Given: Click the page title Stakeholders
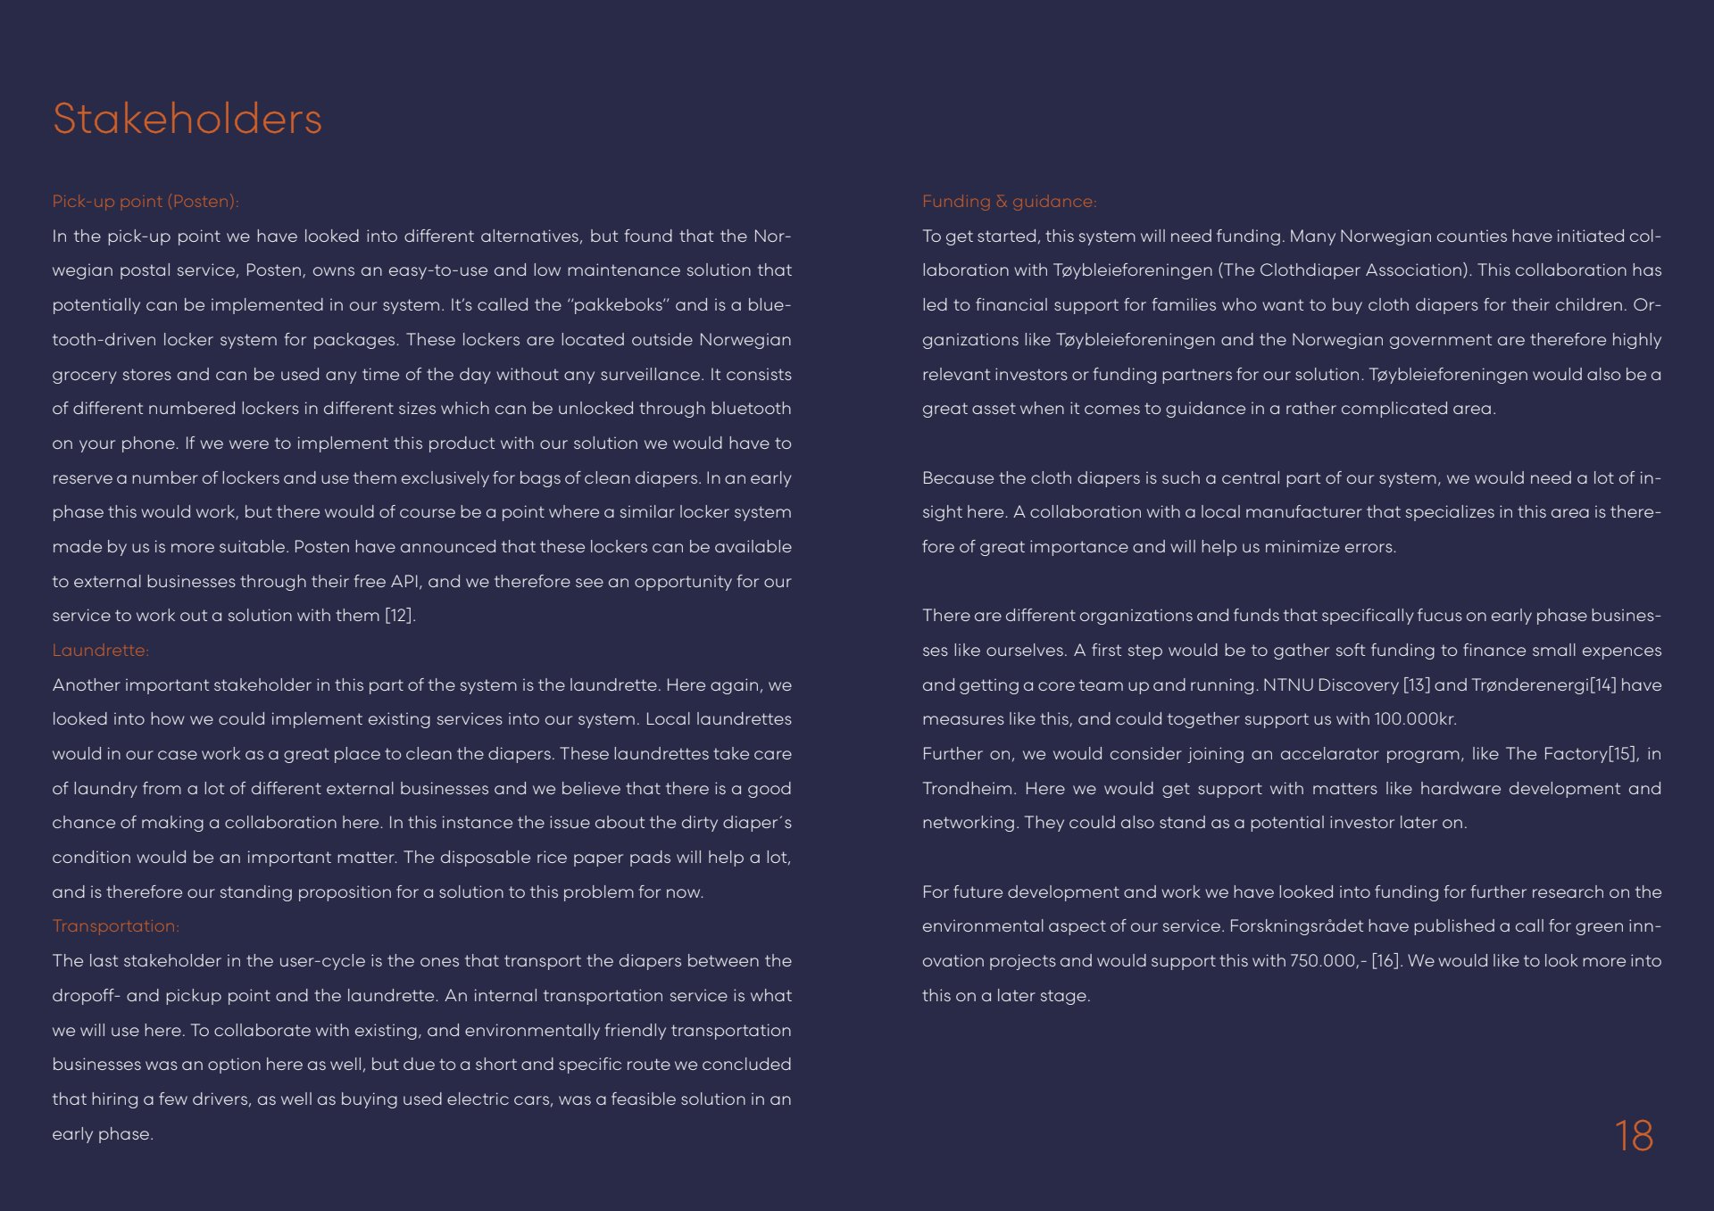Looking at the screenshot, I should pos(187,119).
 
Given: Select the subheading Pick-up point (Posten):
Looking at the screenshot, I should pos(145,202).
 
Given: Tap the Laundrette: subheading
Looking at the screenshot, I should pos(100,651).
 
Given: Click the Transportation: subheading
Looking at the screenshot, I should pos(115,926).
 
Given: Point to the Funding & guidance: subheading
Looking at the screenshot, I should pos(1009,202).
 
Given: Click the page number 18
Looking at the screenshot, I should pos(1634,1136).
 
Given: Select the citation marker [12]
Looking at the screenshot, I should pos(399,616).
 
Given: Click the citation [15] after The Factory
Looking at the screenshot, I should pos(1623,754).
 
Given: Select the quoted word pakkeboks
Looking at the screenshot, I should pos(619,305).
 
